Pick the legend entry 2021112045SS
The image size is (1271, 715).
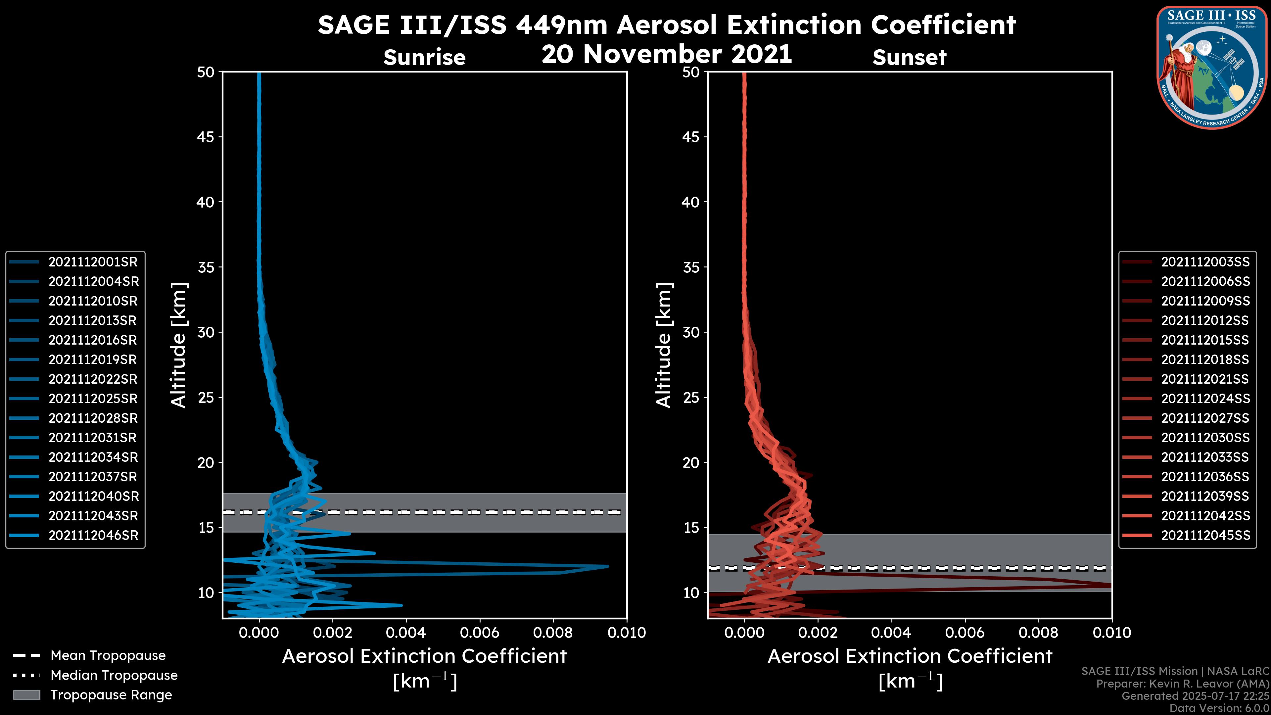1205,535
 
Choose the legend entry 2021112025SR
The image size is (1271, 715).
93,399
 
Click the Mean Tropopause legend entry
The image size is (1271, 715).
108,656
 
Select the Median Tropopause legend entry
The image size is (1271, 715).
114,676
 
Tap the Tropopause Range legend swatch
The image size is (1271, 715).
26,695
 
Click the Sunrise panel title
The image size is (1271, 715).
424,58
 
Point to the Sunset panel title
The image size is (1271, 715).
909,58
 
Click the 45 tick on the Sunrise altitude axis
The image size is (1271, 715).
206,137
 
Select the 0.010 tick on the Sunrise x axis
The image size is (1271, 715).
626,633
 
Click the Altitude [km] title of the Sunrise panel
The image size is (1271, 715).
179,345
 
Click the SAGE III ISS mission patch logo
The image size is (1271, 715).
1212,68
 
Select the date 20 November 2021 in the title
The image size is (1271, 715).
667,54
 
